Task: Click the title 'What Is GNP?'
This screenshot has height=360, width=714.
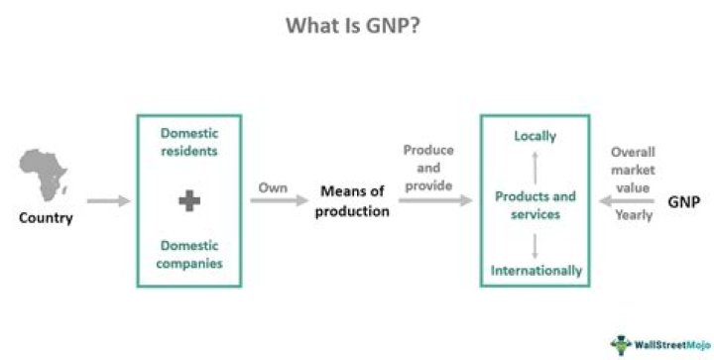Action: [x=353, y=26]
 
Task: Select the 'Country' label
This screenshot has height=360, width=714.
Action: [x=46, y=218]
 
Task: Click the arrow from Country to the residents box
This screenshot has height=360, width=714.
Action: [x=108, y=200]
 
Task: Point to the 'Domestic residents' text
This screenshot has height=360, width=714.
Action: [x=189, y=142]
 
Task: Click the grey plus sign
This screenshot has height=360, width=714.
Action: [x=189, y=200]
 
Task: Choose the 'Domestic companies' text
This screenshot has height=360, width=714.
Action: [x=189, y=255]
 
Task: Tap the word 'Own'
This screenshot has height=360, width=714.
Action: [x=273, y=187]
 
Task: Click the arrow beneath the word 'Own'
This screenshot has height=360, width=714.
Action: [x=280, y=200]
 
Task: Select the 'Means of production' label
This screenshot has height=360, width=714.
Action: [x=352, y=201]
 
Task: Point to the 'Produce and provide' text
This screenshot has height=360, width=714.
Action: [x=428, y=168]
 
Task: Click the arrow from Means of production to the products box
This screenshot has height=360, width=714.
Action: [x=435, y=200]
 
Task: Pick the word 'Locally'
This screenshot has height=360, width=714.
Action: [x=535, y=136]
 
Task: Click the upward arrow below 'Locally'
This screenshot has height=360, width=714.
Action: [x=535, y=168]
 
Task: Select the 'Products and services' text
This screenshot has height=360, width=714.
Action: [x=535, y=205]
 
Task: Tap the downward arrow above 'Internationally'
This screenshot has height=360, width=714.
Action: [x=535, y=246]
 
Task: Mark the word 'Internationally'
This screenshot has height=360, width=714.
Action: [x=535, y=271]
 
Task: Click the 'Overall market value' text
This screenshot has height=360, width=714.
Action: [x=633, y=170]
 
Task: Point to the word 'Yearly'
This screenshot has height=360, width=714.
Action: [x=634, y=215]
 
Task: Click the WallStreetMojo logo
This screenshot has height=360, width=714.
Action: [x=660, y=345]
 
